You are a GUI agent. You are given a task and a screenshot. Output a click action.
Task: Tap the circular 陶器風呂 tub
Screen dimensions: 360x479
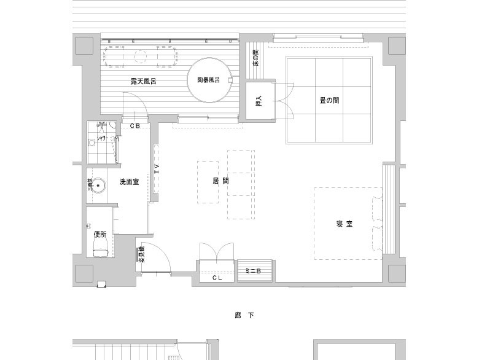point(209,80)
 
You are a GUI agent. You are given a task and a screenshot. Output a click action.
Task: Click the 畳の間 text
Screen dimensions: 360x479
point(329,100)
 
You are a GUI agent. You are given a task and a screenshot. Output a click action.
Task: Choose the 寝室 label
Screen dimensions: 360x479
point(344,224)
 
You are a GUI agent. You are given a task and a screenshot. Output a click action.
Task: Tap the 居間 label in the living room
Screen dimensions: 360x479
point(220,181)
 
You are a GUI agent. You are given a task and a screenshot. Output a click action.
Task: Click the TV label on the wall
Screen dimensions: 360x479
point(157,170)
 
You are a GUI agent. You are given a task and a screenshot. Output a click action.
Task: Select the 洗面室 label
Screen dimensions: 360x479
point(129,182)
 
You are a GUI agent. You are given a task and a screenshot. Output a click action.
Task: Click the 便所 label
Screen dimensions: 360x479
point(100,233)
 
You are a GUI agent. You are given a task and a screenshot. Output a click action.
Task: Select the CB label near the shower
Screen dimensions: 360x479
point(135,125)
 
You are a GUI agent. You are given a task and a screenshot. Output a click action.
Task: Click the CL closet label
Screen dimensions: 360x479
point(217,278)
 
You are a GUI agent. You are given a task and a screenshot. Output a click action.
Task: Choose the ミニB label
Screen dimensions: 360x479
point(254,270)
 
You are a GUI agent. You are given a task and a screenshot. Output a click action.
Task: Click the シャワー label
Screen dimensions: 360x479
point(102,139)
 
